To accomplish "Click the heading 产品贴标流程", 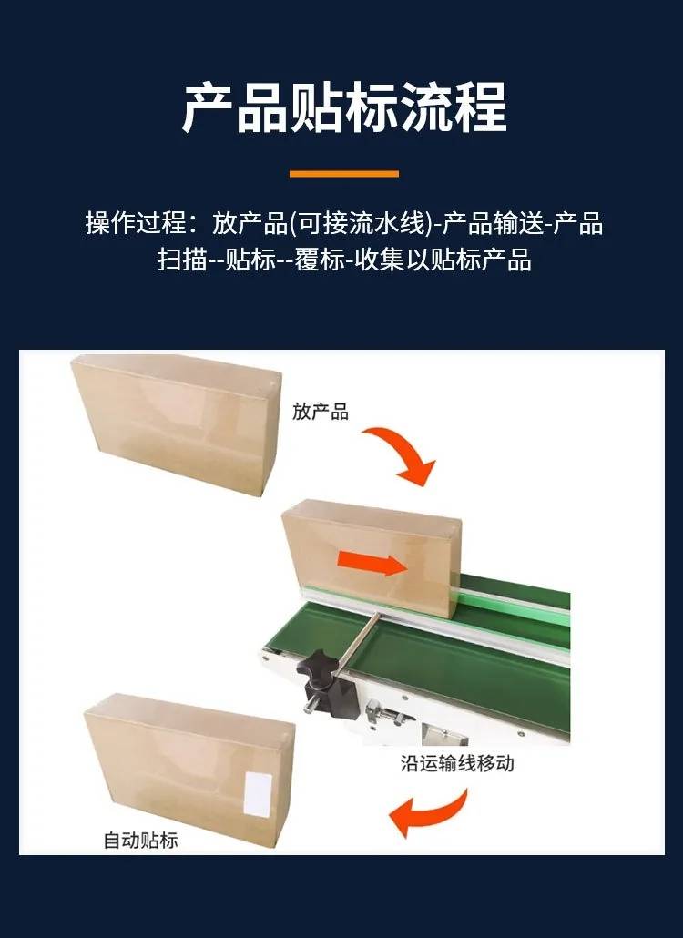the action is pos(344,107).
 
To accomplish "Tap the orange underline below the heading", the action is pos(344,174).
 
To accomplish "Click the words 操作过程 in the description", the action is pos(136,223).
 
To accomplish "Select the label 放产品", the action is pos(320,412).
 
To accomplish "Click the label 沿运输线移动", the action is pos(457,763).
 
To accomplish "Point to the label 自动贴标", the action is pos(140,840).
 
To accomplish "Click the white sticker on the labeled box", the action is pos(258,794).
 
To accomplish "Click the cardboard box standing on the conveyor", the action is pos(371,557).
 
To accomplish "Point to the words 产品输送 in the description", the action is pos(492,223).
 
